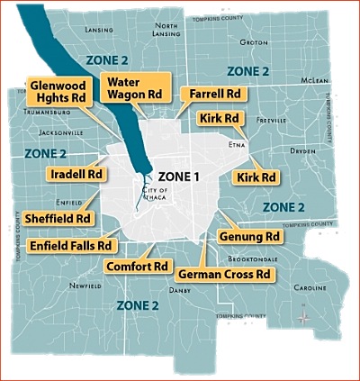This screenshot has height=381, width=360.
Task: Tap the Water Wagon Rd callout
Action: pyautogui.click(x=133, y=88)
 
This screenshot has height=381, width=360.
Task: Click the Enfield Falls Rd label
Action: pyautogui.click(x=71, y=245)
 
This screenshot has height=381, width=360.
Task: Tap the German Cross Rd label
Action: pyautogui.click(x=225, y=273)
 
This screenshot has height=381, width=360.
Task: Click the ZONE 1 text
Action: pyautogui.click(x=178, y=177)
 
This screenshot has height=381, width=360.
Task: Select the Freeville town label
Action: pyautogui.click(x=270, y=119)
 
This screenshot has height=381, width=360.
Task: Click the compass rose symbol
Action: pyautogui.click(x=304, y=316)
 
